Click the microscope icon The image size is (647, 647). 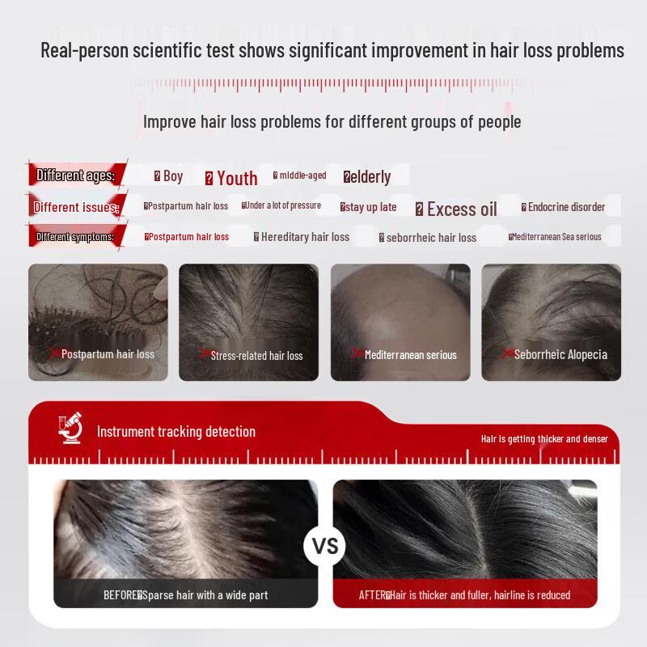click(x=71, y=429)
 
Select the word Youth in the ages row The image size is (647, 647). click(x=237, y=178)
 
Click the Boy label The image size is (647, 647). click(x=173, y=176)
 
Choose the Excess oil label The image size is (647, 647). click(x=462, y=209)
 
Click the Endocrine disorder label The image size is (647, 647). click(x=566, y=207)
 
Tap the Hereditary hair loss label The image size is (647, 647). click(x=305, y=237)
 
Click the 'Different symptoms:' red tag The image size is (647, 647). click(x=74, y=237)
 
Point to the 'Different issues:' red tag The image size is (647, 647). click(x=76, y=207)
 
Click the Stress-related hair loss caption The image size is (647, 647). click(x=256, y=356)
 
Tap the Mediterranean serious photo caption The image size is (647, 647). click(x=410, y=355)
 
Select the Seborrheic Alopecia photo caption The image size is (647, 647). click(x=560, y=354)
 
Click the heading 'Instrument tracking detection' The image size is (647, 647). click(x=176, y=432)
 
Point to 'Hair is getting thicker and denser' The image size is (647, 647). click(x=544, y=439)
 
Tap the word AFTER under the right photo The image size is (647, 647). click(x=372, y=595)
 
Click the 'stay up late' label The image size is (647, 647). click(x=371, y=207)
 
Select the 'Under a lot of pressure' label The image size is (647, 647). click(x=282, y=205)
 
